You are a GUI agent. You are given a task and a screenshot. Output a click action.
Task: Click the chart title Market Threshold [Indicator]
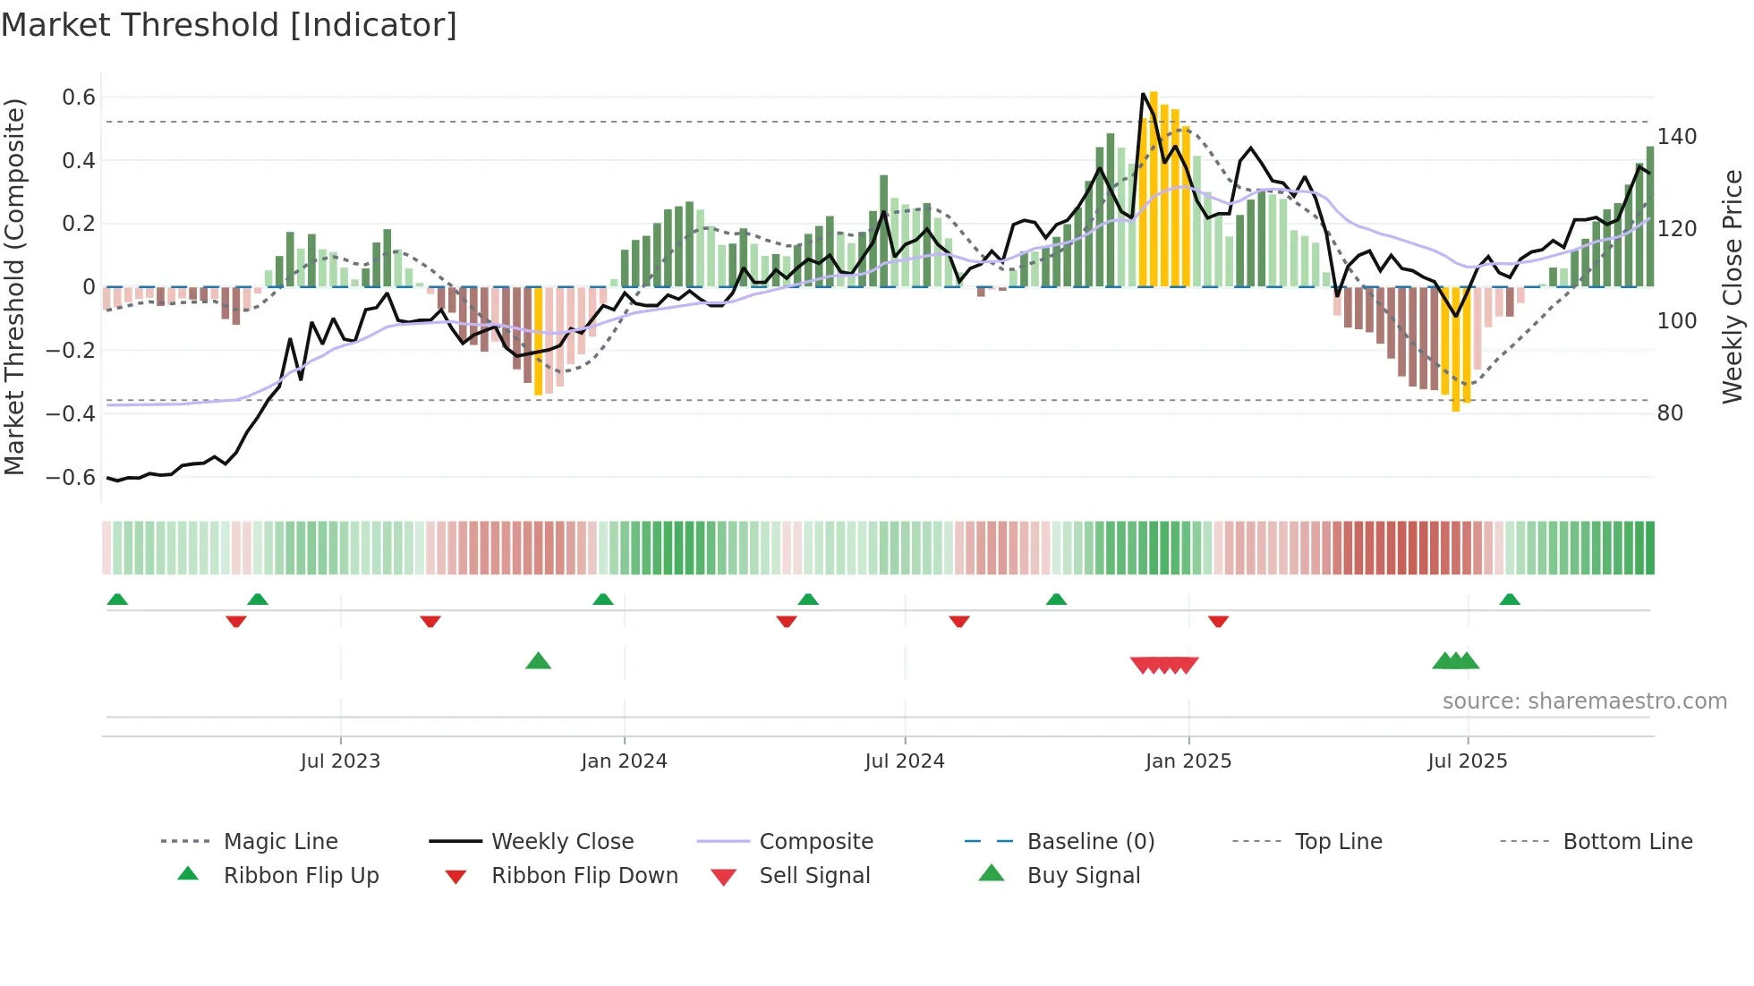point(229,25)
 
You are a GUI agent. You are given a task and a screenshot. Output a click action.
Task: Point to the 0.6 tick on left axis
point(79,98)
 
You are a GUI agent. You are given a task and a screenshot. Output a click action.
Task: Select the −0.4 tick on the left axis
point(71,413)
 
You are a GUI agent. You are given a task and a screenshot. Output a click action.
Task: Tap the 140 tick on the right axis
point(1676,137)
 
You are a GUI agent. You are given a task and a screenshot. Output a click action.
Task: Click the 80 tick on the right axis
point(1669,413)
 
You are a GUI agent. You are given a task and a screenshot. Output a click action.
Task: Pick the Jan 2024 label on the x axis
point(624,761)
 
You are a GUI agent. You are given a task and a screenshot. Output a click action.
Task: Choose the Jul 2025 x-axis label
point(1467,761)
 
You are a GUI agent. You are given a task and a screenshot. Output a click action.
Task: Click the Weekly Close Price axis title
point(1733,286)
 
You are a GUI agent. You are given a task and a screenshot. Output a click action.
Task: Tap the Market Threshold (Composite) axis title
point(14,286)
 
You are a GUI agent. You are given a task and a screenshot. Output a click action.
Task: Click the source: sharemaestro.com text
point(1584,701)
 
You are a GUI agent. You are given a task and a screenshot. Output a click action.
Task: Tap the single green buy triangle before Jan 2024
point(538,661)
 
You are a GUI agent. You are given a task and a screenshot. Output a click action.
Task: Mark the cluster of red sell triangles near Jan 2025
point(1163,665)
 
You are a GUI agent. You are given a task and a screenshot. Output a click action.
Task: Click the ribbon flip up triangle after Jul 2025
point(1510,599)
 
